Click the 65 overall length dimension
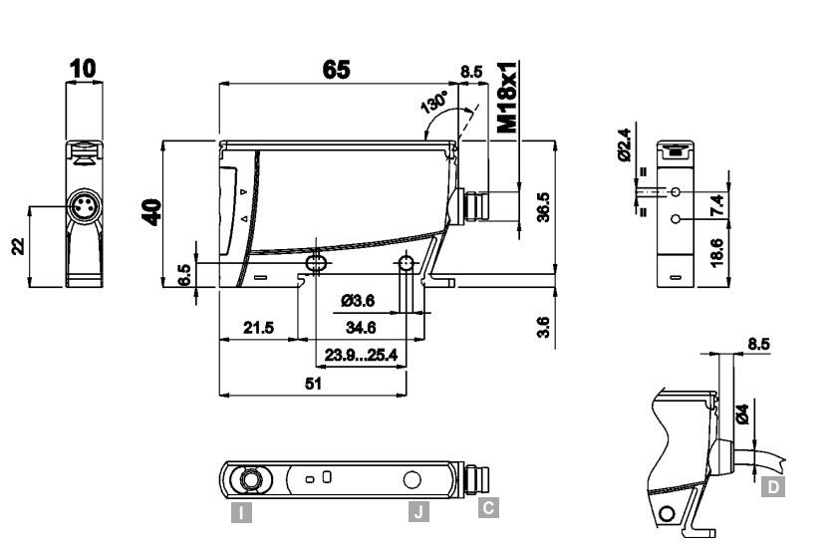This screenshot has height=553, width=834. pyautogui.click(x=336, y=71)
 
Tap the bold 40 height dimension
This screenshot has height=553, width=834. pyautogui.click(x=152, y=212)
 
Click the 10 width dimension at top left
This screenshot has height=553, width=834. pyautogui.click(x=84, y=68)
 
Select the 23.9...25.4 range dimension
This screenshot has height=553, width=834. pyautogui.click(x=360, y=354)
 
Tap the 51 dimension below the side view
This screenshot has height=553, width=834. pyautogui.click(x=311, y=383)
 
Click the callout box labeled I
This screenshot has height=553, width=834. pyautogui.click(x=240, y=513)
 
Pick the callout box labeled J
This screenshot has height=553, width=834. pyautogui.click(x=419, y=512)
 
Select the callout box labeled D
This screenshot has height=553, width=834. pyautogui.click(x=772, y=487)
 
